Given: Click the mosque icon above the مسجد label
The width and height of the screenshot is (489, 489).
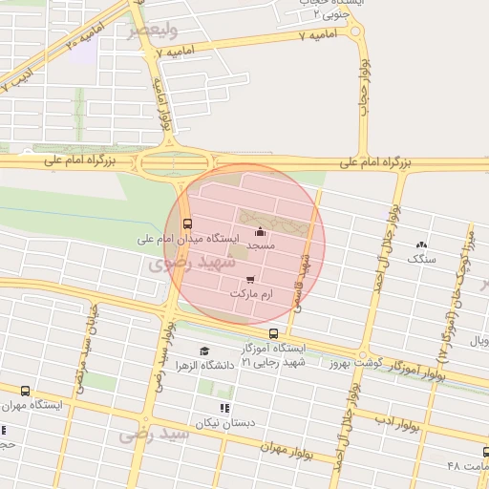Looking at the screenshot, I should point(261,231).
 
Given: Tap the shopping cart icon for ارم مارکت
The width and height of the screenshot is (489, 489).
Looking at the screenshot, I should point(250,280).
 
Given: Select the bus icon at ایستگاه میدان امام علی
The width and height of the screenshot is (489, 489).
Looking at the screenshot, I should point(186,224).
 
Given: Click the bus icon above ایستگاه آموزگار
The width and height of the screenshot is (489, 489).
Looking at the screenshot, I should point(274,334).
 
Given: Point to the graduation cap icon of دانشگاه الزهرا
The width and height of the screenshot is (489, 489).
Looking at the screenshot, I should point(203,351).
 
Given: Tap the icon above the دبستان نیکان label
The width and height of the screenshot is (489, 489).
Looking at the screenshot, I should point(224,408).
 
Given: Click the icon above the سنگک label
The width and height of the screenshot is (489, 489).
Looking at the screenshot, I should point(420,245).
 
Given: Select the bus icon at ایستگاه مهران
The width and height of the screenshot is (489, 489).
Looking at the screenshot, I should point(25,391).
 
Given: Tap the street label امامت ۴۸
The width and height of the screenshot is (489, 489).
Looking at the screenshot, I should point(468,465).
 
